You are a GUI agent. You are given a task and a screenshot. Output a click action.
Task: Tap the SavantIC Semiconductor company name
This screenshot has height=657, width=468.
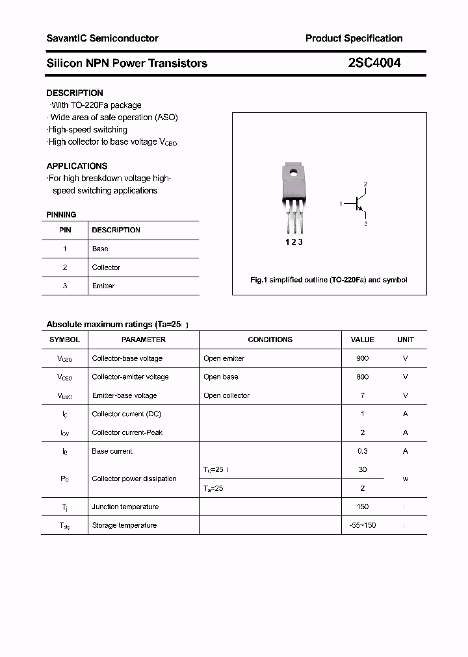point(102,38)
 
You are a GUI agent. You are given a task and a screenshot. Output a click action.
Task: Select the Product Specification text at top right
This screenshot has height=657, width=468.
point(354,38)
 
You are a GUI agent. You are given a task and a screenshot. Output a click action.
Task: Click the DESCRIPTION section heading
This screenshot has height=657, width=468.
point(75,93)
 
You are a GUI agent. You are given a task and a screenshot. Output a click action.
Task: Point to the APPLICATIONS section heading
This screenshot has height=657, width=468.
point(77,166)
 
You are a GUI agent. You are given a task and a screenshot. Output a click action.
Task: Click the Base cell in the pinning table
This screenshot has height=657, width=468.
point(100,249)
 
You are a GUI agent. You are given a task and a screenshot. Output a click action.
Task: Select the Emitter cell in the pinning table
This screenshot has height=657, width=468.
point(103,286)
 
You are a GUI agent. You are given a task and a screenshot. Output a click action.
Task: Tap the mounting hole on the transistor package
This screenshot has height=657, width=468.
point(294,173)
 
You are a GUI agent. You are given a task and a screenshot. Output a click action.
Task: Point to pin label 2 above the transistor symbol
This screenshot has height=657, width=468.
point(366,184)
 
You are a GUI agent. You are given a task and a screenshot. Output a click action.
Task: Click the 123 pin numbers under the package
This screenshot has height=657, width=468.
point(294,242)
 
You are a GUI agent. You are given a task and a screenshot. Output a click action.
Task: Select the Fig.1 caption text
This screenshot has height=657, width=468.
point(329,280)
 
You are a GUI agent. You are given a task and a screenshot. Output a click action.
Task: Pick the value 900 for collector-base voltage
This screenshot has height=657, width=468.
point(362,358)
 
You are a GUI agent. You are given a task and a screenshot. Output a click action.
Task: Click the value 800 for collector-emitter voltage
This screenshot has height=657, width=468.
point(362,377)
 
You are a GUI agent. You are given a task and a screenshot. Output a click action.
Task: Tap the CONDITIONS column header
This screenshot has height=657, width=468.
point(270,340)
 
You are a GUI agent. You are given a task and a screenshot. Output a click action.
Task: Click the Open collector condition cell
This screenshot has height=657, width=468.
point(226,395)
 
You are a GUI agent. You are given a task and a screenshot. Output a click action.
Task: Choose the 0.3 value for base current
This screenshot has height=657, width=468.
point(362,451)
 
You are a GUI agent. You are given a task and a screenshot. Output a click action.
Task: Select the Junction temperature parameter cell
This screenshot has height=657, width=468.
point(124,506)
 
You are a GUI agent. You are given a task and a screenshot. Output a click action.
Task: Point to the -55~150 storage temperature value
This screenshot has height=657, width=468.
point(362,525)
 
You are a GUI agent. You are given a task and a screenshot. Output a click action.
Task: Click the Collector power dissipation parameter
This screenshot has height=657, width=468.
point(134,478)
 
